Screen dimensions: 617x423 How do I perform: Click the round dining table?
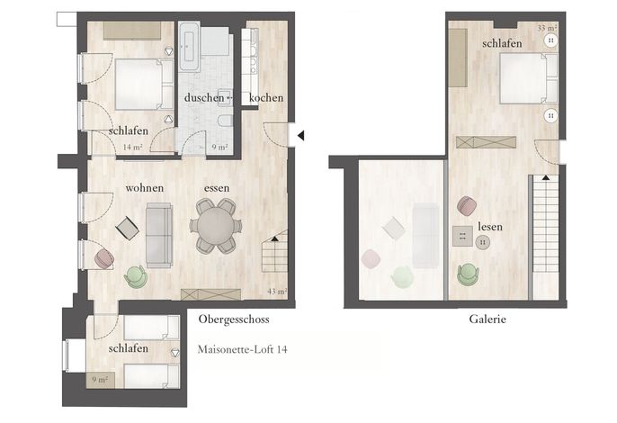(x=216, y=226)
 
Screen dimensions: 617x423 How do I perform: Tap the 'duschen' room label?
(x=204, y=97)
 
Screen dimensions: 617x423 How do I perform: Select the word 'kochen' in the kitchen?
(x=266, y=98)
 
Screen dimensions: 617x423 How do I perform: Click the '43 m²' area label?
(x=277, y=292)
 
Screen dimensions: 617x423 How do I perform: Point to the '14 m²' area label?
(x=132, y=148)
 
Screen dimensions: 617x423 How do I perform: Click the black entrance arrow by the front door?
(x=300, y=136)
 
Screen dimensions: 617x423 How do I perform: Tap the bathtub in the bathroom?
(x=189, y=47)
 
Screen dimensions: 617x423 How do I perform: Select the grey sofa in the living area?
(x=159, y=235)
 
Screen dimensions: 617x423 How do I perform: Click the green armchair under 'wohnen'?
(x=136, y=276)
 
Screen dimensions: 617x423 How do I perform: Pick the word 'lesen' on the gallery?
(x=490, y=227)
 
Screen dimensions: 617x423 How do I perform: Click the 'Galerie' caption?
(x=487, y=319)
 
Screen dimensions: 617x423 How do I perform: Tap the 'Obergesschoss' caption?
(x=234, y=319)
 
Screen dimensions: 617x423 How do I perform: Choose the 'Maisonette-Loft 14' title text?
(x=242, y=349)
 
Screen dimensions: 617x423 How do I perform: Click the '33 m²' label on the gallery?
(x=547, y=28)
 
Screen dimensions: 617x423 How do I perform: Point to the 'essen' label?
(x=217, y=188)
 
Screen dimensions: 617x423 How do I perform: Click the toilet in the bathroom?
(x=225, y=121)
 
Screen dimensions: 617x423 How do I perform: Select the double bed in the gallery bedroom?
(x=529, y=78)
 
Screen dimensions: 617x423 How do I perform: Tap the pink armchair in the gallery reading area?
(x=467, y=205)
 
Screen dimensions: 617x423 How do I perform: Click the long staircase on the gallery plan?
(x=545, y=223)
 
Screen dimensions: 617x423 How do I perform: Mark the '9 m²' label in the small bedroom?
(x=100, y=380)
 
